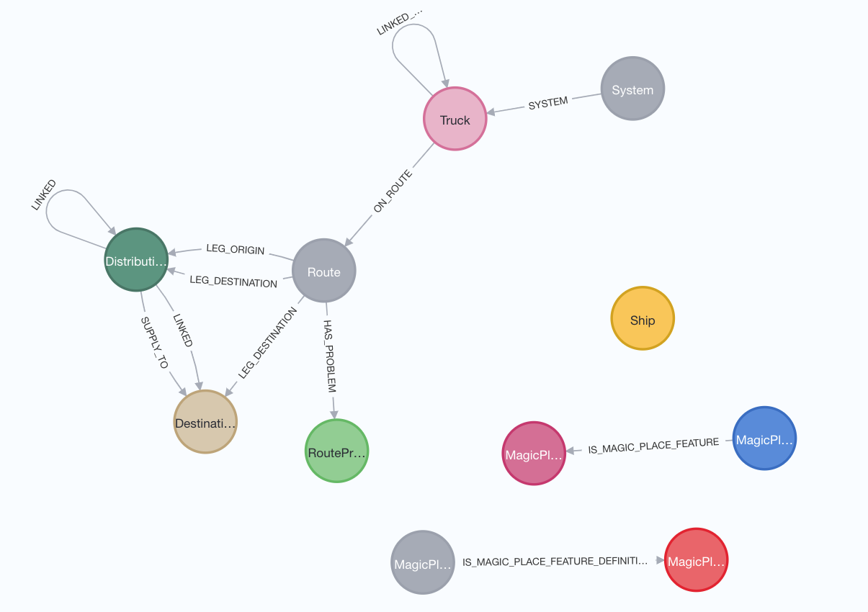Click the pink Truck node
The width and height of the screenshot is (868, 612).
[455, 120]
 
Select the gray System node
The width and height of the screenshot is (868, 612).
[632, 89]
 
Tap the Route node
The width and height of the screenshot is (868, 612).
[323, 271]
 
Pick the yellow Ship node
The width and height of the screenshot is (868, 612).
[642, 320]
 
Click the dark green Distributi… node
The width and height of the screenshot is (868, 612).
[135, 260]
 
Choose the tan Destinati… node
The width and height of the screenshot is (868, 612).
[205, 423]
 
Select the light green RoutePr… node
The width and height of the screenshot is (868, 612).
[336, 451]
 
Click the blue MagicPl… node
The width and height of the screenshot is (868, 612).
[764, 438]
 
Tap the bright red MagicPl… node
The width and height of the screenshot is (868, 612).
[696, 560]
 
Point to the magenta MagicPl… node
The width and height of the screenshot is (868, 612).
[533, 454]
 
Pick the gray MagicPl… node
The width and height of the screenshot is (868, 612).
[423, 563]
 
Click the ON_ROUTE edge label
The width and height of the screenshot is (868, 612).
[393, 192]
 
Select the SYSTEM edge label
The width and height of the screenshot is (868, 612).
[548, 103]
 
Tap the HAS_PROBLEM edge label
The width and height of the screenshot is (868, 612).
[330, 356]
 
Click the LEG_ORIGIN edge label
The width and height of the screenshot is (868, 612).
[236, 251]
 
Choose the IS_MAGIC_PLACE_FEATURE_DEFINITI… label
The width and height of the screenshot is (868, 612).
[555, 561]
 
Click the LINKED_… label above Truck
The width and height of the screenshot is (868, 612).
[399, 22]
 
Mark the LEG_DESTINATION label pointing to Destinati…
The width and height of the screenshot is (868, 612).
[267, 343]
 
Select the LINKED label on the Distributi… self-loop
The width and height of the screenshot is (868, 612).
[43, 194]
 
